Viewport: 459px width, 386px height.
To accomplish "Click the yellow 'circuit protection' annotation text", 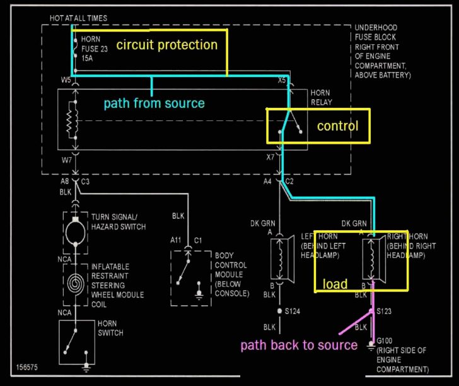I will (x=166, y=45).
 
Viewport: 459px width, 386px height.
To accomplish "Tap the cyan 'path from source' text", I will (x=154, y=103).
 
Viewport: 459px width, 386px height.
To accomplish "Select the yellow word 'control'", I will (x=337, y=126).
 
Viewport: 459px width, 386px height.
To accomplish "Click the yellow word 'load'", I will (x=335, y=284).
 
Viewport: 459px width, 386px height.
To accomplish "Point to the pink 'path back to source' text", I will (x=298, y=345).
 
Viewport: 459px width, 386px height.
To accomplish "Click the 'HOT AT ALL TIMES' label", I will (x=78, y=18).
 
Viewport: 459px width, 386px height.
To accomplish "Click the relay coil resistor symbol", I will (x=74, y=120).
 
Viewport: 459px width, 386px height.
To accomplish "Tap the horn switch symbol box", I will (x=74, y=343).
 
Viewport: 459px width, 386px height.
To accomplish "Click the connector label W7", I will (x=66, y=160).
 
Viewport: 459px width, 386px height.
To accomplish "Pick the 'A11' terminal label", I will (x=176, y=240).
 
